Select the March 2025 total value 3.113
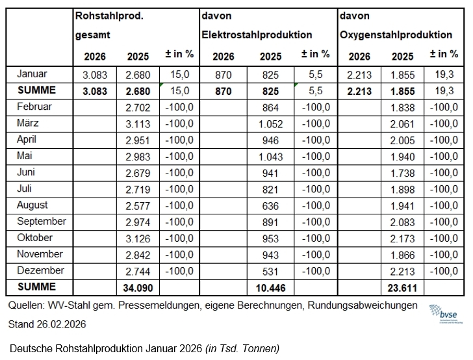click(x=138, y=123)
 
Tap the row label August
click(x=32, y=205)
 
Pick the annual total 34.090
click(x=138, y=287)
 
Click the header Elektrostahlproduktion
click(x=258, y=34)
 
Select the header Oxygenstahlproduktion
click(x=396, y=34)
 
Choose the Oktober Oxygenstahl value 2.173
click(x=403, y=238)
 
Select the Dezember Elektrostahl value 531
click(x=270, y=270)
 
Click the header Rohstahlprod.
click(x=109, y=16)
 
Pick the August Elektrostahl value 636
click(x=270, y=205)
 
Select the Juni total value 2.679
click(x=138, y=173)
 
